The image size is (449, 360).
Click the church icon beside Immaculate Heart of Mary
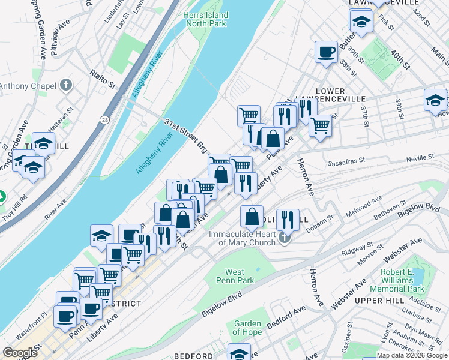point(285,239)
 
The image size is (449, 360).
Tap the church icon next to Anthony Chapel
point(66,86)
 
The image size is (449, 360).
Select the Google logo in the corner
point(20,353)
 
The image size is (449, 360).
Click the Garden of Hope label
point(247,328)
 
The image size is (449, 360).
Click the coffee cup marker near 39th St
point(326,52)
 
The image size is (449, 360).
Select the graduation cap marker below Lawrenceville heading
point(361,22)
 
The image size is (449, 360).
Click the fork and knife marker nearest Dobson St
point(288,220)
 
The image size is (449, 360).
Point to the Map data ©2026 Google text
point(412,355)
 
